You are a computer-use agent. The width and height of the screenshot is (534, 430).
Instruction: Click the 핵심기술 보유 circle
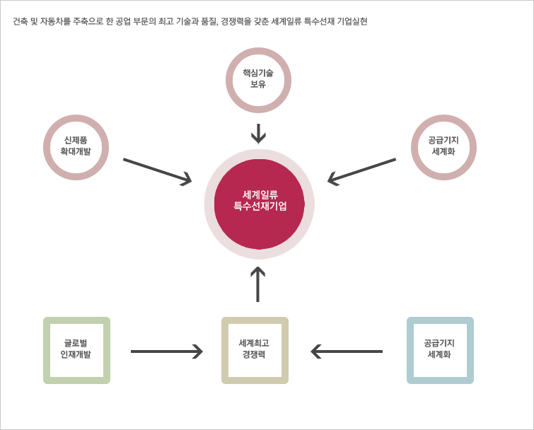[x=258, y=52]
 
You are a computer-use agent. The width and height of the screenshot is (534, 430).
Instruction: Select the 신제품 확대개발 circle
[x=76, y=119]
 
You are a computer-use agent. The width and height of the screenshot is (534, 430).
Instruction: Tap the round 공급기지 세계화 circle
[x=443, y=119]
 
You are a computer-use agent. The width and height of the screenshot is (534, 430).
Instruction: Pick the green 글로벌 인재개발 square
[x=76, y=320]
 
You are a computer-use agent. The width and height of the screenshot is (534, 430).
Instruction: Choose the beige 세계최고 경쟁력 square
[x=255, y=320]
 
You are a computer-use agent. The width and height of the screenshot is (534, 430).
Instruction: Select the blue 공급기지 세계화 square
[x=441, y=320]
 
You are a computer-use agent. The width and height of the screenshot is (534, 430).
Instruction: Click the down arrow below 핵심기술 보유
[x=258, y=134]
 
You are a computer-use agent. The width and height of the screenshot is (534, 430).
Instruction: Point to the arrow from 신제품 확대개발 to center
[x=157, y=171]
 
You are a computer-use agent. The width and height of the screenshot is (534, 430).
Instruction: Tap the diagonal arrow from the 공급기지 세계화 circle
[x=361, y=171]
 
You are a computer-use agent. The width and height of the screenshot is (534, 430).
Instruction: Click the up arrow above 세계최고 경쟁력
[x=257, y=284]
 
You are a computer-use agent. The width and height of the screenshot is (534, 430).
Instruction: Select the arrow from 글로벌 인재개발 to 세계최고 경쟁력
[x=167, y=351]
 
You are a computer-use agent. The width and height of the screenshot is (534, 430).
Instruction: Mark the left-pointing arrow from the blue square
[x=347, y=351]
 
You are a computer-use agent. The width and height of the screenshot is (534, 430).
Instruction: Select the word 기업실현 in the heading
[x=352, y=21]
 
